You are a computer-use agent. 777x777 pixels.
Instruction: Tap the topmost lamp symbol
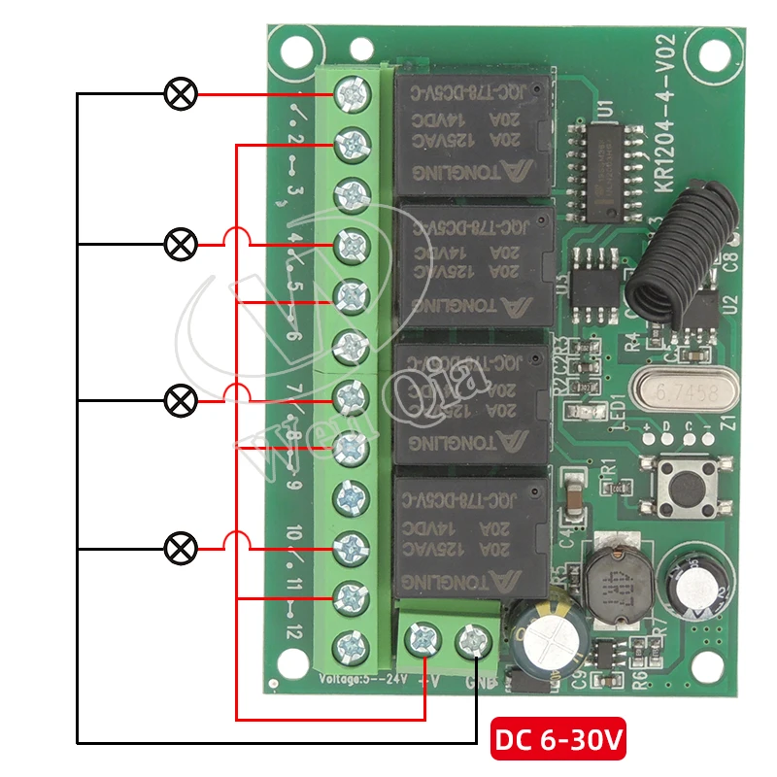point(180,94)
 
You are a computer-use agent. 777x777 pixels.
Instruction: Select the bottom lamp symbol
point(180,549)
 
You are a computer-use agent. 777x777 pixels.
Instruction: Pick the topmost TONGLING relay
point(472,133)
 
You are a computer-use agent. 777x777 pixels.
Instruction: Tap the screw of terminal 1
point(350,94)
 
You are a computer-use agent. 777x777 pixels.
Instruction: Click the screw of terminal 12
point(350,646)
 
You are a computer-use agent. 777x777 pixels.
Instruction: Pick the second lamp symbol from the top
point(180,245)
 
